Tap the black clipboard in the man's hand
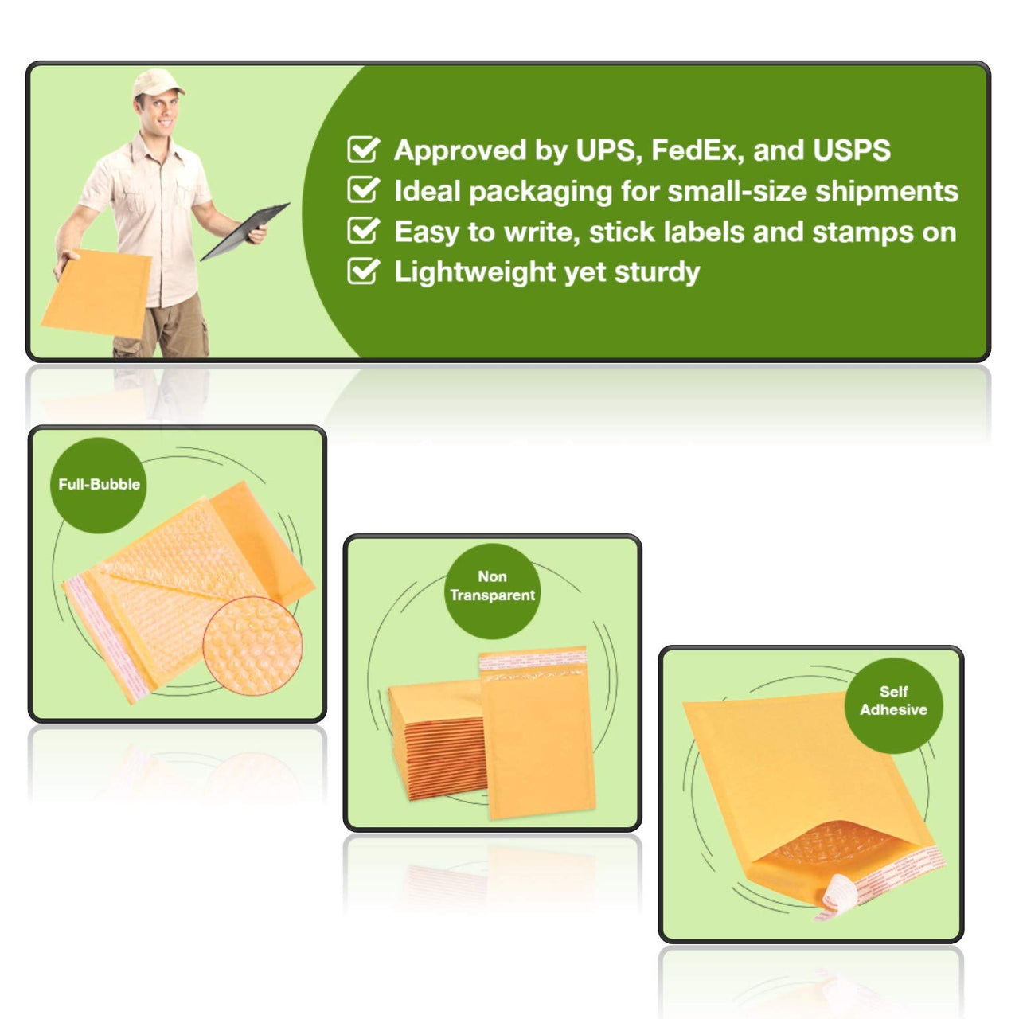(x=244, y=231)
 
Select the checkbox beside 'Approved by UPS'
(x=363, y=150)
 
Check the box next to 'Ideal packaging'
(x=363, y=190)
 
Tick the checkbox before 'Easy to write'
(x=363, y=231)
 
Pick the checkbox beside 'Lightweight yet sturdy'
(x=363, y=271)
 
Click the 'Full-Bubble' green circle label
(x=99, y=485)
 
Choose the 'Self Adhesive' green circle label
(x=893, y=701)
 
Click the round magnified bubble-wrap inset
(x=252, y=646)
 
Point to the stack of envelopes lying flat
(x=436, y=740)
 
